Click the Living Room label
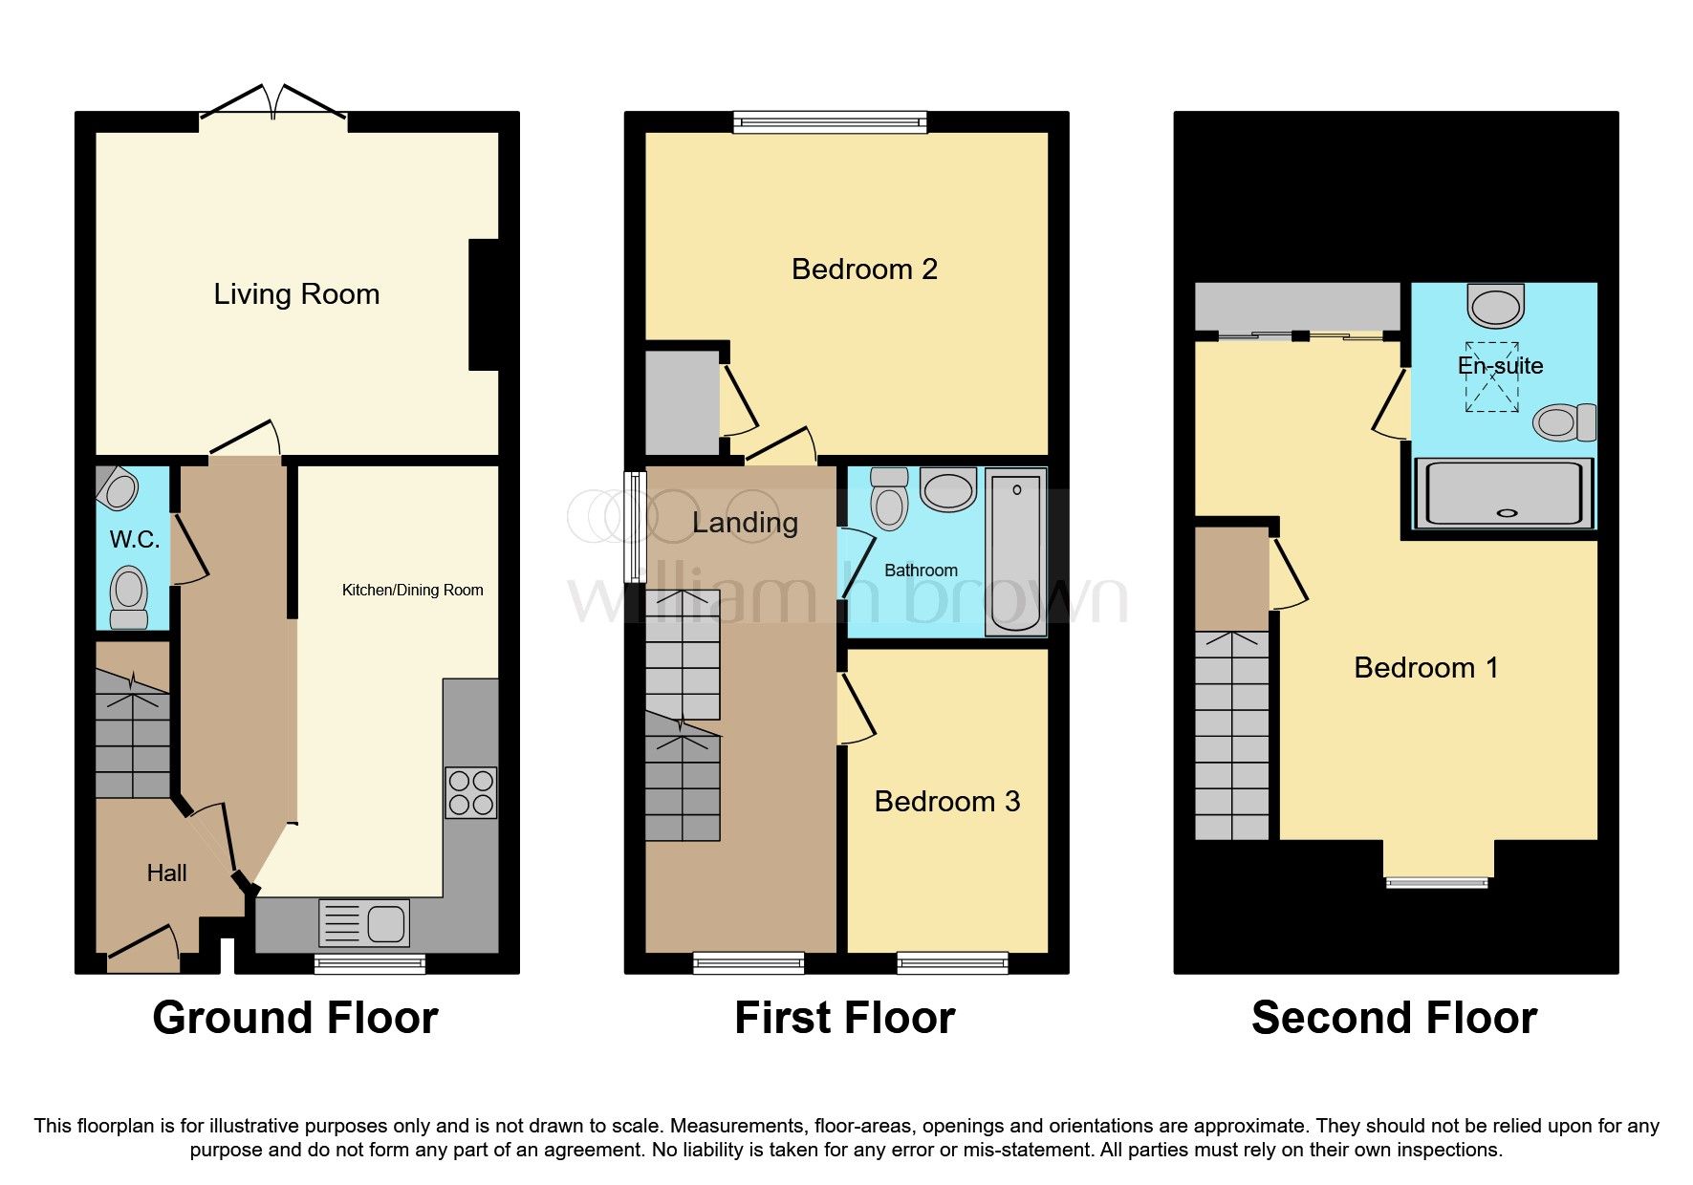(296, 294)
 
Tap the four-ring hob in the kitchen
(470, 792)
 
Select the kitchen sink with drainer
(363, 923)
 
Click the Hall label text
(166, 873)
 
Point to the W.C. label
(135, 540)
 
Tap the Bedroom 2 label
(864, 269)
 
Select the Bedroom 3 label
(946, 801)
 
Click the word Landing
(745, 523)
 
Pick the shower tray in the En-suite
(1504, 492)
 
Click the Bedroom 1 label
(1425, 667)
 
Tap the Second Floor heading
(1394, 1018)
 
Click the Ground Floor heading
(295, 1018)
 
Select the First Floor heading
(844, 1018)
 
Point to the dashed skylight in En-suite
(1492, 377)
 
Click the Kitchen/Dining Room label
(412, 590)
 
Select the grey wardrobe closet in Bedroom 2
(682, 402)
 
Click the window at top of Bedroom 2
(830, 121)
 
